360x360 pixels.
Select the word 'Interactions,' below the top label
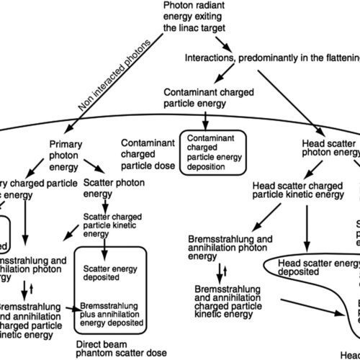[230, 57]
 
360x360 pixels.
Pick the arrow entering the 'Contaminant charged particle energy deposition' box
[208, 118]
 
